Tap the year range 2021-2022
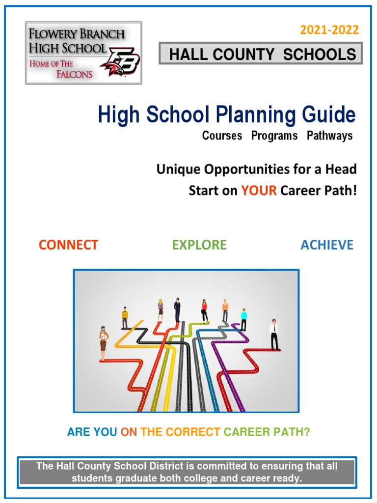329,30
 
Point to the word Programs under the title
274,136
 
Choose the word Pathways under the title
329,136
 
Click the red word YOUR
259,191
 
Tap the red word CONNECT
68,245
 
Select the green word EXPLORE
199,245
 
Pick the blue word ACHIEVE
327,245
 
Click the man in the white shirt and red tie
274,334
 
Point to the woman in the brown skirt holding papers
103,342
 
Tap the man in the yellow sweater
125,318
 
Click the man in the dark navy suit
177,309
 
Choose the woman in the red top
204,311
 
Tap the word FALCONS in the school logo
74,74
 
